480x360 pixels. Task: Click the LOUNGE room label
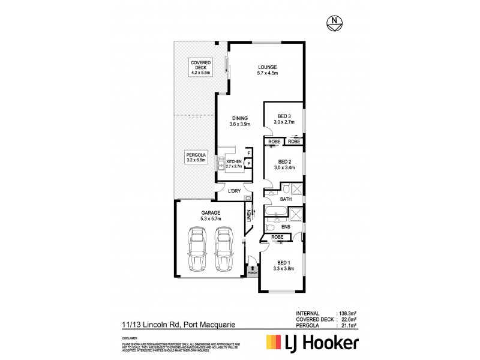coord(268,70)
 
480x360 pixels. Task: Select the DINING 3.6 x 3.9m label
coord(239,121)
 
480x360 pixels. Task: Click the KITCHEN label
coord(234,164)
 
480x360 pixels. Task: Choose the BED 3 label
coord(284,119)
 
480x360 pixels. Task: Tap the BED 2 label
coord(284,164)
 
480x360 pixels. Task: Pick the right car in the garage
coord(224,248)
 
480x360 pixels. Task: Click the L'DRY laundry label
coord(235,191)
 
